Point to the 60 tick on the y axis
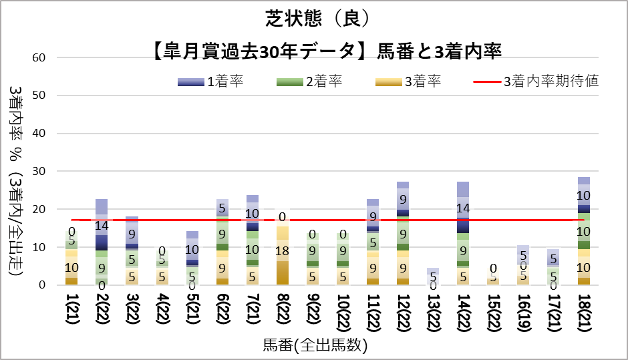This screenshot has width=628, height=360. click(38, 57)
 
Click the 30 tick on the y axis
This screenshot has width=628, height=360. click(38, 172)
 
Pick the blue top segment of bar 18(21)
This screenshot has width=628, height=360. click(584, 195)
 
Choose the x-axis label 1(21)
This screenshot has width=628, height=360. click(71, 311)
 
